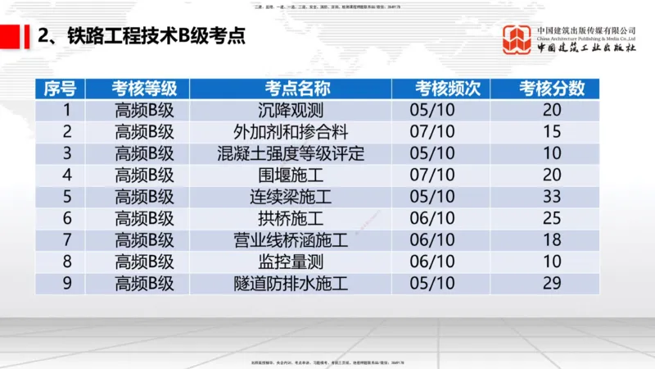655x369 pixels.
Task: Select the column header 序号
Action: point(61,89)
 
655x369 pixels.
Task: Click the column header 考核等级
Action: point(144,89)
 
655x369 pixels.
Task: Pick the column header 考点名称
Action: point(291,89)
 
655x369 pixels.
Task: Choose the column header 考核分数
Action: point(552,89)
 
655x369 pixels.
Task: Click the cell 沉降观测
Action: point(291,109)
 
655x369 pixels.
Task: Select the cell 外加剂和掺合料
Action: point(291,131)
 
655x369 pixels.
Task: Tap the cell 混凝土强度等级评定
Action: point(291,153)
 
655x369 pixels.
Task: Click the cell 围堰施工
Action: point(291,175)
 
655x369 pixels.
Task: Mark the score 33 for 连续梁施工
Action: point(552,197)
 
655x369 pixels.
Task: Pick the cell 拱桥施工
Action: point(291,218)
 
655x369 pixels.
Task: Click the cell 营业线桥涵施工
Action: point(291,240)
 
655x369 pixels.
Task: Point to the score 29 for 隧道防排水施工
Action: point(552,284)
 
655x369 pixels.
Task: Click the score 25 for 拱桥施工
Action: point(552,218)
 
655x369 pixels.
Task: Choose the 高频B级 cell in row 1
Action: point(144,109)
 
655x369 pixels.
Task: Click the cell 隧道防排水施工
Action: point(291,284)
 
